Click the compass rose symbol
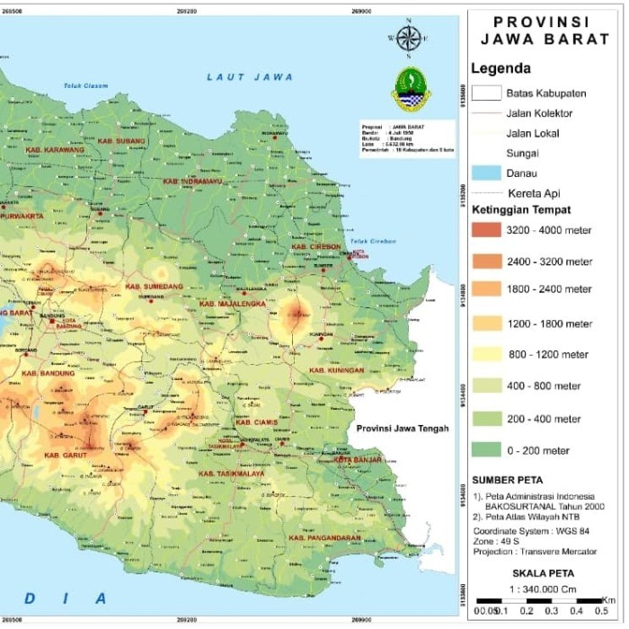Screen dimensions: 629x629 pyautogui.click(x=409, y=38)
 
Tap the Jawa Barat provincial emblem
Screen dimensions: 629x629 pyautogui.click(x=411, y=89)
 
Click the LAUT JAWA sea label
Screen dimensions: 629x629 pyautogui.click(x=250, y=77)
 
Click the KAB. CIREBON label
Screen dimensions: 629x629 pyautogui.click(x=315, y=246)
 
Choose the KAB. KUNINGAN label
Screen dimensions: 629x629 pyautogui.click(x=336, y=370)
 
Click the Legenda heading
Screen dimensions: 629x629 pyautogui.click(x=501, y=68)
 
